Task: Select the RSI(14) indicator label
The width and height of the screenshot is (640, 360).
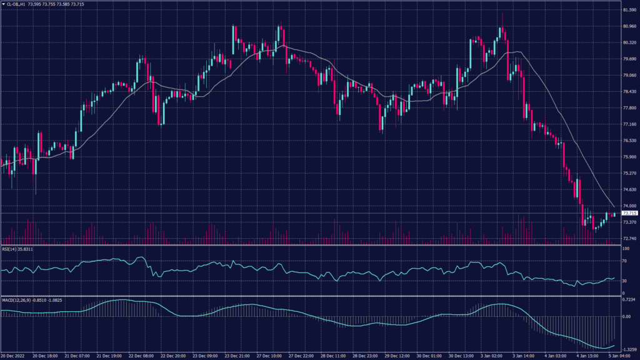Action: point(17,249)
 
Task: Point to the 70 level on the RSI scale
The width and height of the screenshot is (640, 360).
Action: point(624,261)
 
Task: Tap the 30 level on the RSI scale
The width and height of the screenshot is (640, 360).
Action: point(624,281)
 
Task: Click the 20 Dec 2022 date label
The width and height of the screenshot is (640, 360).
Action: point(12,356)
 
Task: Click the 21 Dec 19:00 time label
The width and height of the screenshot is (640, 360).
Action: point(111,356)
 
